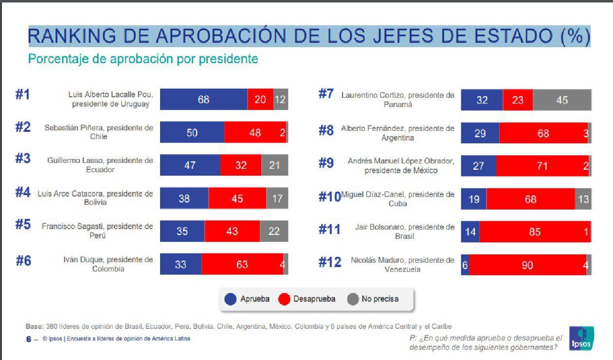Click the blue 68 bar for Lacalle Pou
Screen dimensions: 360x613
tap(203, 100)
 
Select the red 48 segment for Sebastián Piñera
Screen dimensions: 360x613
tap(255, 132)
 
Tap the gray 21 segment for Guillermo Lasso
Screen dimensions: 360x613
tap(274, 165)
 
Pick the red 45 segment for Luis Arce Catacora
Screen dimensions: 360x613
tap(237, 198)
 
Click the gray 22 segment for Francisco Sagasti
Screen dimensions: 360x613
tap(274, 231)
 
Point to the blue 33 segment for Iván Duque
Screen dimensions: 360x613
tap(180, 264)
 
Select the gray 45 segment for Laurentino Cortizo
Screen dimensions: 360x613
tap(562, 100)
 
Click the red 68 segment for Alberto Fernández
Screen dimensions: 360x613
tap(543, 133)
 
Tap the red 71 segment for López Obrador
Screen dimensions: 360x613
tap(542, 166)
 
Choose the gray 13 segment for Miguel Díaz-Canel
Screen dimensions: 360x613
tap(583, 199)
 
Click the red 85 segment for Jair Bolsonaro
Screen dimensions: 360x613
tap(535, 232)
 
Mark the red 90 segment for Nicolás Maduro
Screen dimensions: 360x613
tap(527, 265)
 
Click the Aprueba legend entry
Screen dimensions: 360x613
tap(247, 299)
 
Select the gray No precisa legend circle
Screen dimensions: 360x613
tap(353, 299)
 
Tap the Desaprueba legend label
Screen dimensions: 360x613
tap(314, 299)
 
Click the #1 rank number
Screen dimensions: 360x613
tap(22, 95)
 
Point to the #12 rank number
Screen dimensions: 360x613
tap(330, 263)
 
